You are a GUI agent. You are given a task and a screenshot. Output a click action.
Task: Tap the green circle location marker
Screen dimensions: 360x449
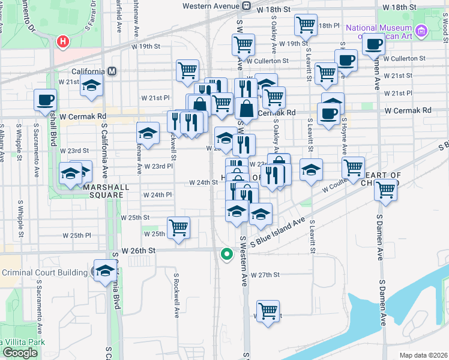pyautogui.click(x=226, y=254)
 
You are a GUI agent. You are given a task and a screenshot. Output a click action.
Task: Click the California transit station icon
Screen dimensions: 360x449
pyautogui.click(x=112, y=71)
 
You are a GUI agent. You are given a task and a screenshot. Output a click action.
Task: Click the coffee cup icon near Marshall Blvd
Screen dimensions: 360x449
pyautogui.click(x=45, y=100)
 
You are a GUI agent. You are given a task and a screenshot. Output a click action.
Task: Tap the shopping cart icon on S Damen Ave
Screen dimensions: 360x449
pyautogui.click(x=385, y=190)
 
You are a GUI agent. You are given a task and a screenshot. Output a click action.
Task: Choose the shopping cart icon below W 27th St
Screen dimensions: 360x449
pyautogui.click(x=268, y=311)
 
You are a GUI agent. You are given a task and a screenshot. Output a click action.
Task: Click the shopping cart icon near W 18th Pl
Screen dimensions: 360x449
pyautogui.click(x=306, y=25)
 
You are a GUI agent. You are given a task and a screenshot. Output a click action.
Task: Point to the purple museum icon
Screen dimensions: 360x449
pyautogui.click(x=421, y=30)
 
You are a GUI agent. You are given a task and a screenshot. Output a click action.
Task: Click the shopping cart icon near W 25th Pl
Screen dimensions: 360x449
pyautogui.click(x=178, y=228)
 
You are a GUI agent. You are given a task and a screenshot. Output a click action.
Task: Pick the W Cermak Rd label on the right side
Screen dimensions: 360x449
pyautogui.click(x=408, y=110)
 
